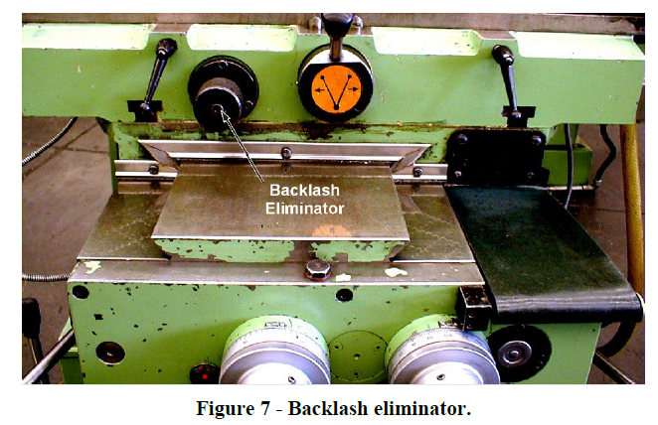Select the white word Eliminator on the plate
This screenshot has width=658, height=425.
tap(303, 209)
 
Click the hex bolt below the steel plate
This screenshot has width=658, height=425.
tap(319, 268)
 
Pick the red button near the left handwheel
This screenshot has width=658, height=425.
tap(207, 373)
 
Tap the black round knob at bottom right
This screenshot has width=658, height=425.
tap(518, 352)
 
